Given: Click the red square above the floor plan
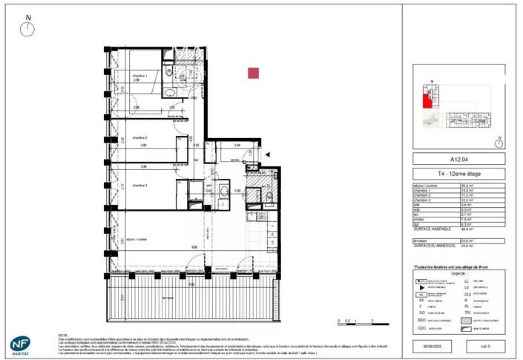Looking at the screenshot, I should [x=254, y=73].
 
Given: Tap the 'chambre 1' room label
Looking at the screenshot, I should [x=141, y=75].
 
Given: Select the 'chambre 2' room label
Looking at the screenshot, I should [x=140, y=138].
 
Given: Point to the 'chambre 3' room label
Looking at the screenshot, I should [x=140, y=185].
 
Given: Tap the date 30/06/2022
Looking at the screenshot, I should [x=430, y=345].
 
